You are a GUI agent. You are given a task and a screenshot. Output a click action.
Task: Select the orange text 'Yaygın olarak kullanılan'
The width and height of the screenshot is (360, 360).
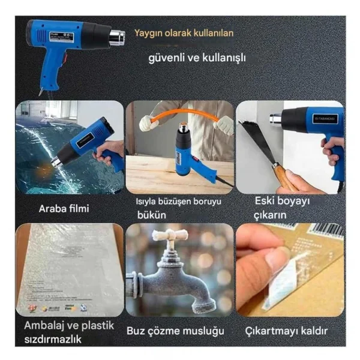[x=184, y=33]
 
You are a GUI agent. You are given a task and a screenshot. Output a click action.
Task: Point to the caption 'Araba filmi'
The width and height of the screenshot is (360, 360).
[x=64, y=209]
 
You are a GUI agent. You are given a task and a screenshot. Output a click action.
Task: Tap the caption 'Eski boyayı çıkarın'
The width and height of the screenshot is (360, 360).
[x=282, y=208]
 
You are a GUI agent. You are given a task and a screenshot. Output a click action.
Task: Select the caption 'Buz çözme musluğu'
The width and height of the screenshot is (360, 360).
[x=175, y=331]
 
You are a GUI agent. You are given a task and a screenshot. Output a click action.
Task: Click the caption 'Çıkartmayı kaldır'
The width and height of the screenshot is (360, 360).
[x=287, y=331]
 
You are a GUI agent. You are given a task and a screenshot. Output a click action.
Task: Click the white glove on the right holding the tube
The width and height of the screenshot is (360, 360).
[x=224, y=125]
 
